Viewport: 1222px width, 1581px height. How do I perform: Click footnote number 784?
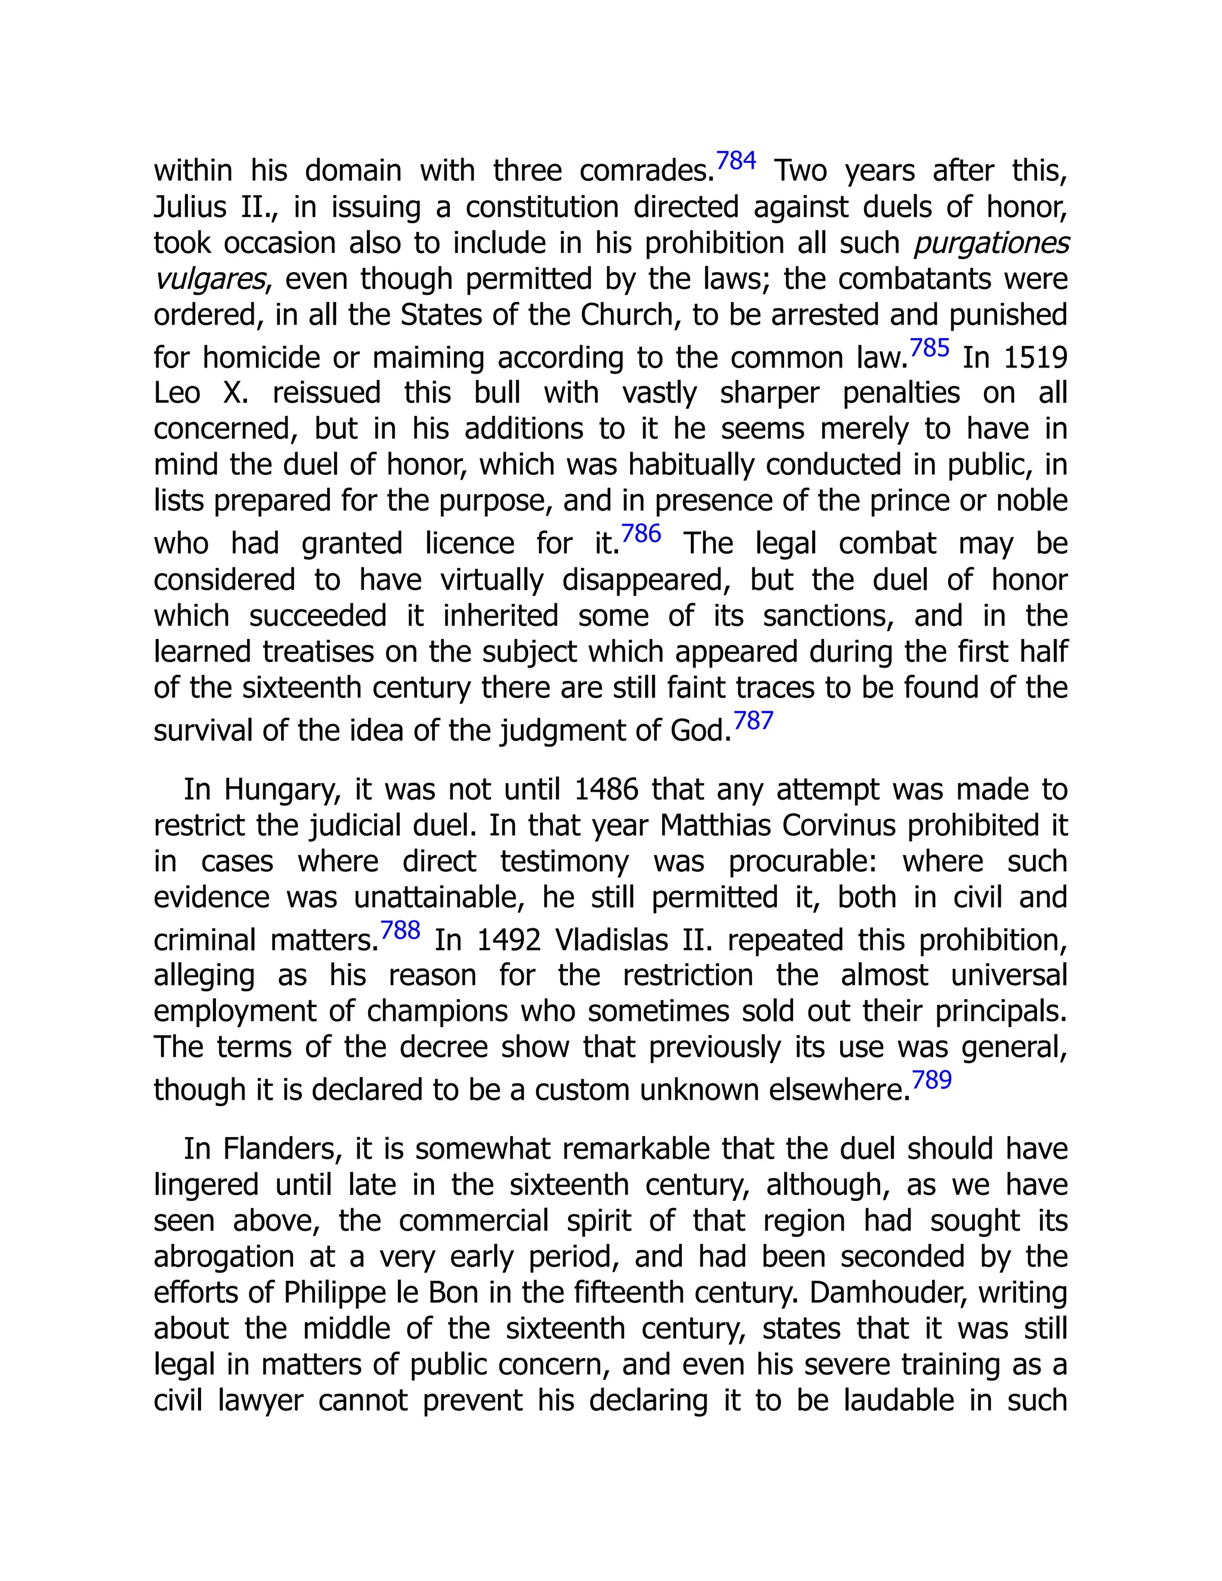(736, 160)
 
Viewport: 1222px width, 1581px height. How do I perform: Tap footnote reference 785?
(929, 348)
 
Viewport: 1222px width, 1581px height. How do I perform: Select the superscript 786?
(641, 534)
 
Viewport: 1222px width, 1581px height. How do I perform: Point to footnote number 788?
(400, 930)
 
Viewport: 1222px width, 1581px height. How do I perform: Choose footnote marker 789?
(931, 1080)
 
